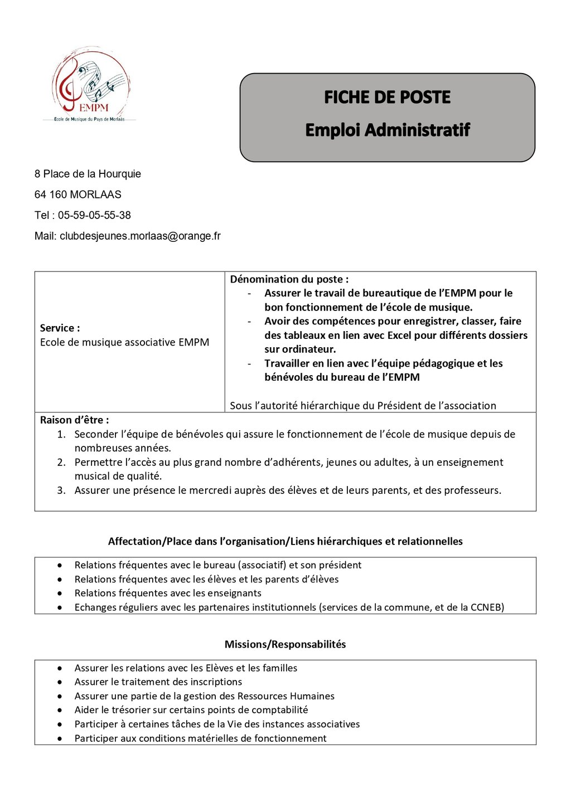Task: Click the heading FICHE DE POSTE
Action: [x=387, y=98]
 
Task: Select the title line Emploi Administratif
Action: [x=387, y=130]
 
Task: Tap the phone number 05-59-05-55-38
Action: [x=94, y=215]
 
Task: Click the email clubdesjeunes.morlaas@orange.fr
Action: [x=140, y=236]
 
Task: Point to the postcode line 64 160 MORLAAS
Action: [x=78, y=195]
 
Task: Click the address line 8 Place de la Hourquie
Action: [x=88, y=174]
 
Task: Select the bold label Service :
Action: [x=60, y=328]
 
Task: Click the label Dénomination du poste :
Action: [x=289, y=279]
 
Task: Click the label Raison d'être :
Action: [x=74, y=420]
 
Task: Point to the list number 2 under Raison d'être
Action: [x=61, y=463]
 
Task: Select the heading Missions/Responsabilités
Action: [x=285, y=644]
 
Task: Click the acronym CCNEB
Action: [x=486, y=607]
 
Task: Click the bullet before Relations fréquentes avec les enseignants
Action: [x=60, y=594]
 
